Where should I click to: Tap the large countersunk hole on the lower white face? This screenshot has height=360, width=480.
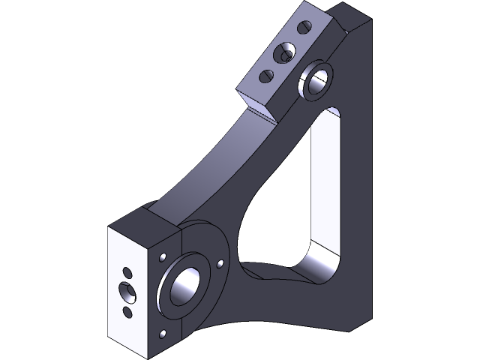click(x=126, y=289)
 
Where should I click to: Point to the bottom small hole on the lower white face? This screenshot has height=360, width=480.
click(x=127, y=310)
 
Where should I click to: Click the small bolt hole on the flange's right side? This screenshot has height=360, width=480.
click(x=220, y=264)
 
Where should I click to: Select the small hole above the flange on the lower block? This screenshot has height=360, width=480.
click(x=162, y=257)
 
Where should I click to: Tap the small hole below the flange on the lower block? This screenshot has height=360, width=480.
click(x=163, y=333)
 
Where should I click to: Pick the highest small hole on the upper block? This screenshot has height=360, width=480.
click(x=304, y=28)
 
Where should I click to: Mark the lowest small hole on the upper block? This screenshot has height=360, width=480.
click(x=265, y=76)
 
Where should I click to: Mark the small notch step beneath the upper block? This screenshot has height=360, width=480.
click(x=264, y=113)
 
